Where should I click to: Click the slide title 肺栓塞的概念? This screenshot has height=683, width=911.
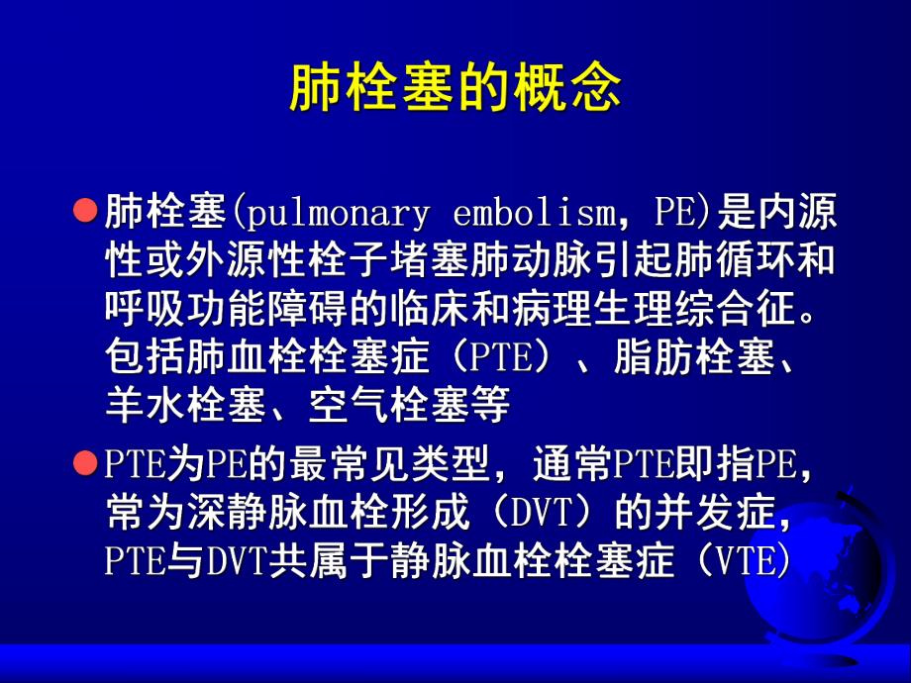coord(455,88)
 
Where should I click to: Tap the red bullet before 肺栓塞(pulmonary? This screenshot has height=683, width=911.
coord(87,211)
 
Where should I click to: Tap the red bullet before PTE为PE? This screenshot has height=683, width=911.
coord(87,463)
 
